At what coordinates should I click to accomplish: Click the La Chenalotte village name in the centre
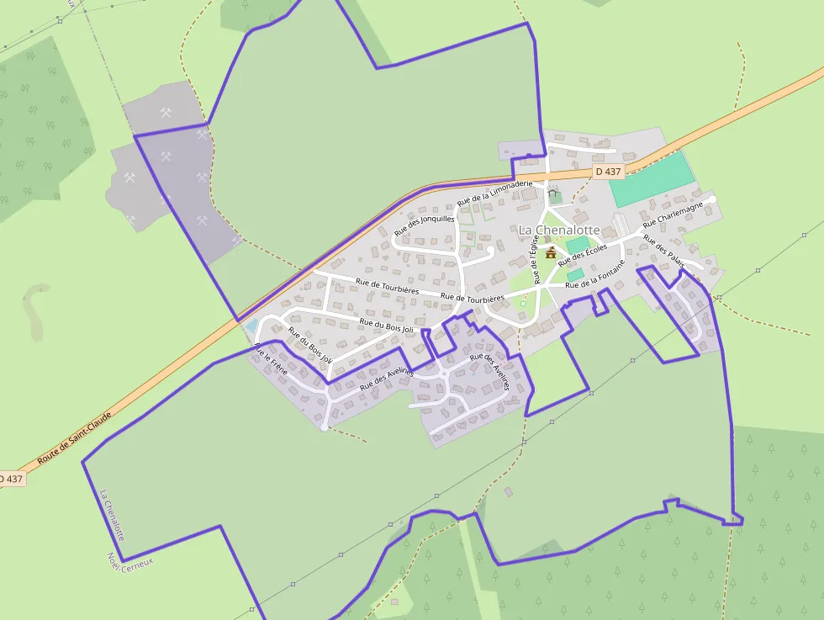tap(559, 230)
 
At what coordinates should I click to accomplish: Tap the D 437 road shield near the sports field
tap(607, 172)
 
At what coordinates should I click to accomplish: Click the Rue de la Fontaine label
tap(596, 277)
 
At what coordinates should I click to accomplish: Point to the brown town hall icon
tap(551, 252)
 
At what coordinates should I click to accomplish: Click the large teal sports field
tap(652, 179)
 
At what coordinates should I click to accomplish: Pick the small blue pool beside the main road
tap(251, 326)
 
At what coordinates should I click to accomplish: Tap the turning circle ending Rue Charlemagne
tap(711, 199)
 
